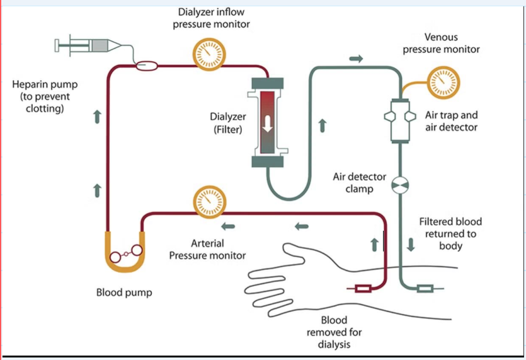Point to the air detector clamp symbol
(x=400, y=184)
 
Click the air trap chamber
(x=400, y=120)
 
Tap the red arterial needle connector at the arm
(x=363, y=289)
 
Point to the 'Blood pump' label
(x=124, y=293)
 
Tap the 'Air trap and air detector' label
(x=451, y=121)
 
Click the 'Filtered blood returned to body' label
(x=450, y=233)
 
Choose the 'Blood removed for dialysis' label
(x=334, y=332)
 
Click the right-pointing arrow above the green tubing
(x=356, y=59)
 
